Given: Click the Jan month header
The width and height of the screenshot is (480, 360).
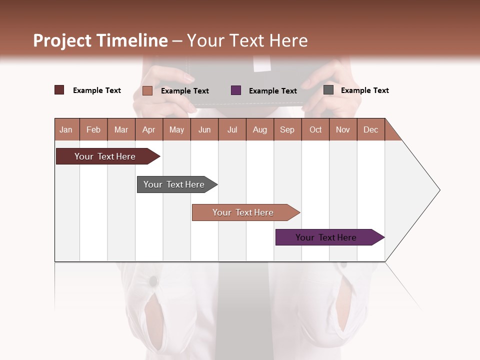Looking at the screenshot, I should [66, 129].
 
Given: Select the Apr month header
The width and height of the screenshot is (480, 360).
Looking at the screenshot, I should [148, 129].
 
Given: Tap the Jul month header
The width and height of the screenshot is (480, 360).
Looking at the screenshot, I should [232, 129].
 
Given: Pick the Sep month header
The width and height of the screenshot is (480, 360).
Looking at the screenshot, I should [287, 129].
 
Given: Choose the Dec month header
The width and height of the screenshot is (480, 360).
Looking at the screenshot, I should [370, 129].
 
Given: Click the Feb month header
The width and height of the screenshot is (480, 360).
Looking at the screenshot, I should [93, 129].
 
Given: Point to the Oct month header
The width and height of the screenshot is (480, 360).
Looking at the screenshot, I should [315, 129].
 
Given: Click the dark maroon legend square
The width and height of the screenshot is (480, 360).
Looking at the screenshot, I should [59, 90].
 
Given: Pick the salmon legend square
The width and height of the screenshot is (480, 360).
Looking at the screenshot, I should [147, 90].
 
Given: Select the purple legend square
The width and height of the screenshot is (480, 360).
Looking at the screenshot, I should [236, 90].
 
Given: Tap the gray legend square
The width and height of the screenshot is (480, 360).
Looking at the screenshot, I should [328, 90].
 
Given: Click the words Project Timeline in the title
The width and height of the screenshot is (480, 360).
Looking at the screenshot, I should [100, 40].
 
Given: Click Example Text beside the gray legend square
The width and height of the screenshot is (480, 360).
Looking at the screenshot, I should [364, 90].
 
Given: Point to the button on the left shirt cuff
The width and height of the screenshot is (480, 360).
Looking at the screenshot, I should [152, 282].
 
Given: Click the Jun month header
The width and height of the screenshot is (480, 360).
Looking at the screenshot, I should [204, 129].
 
